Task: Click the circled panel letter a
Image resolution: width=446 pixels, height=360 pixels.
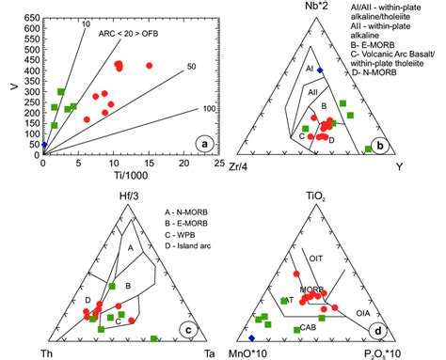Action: click(x=200, y=144)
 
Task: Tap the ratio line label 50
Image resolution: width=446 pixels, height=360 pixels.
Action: click(x=192, y=66)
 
